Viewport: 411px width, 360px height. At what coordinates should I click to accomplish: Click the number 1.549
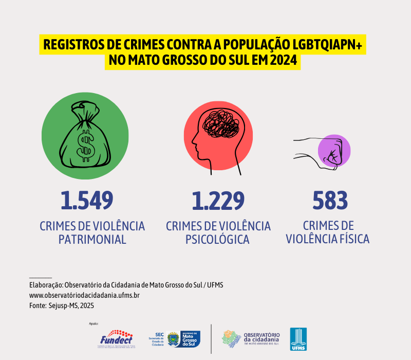(86, 200)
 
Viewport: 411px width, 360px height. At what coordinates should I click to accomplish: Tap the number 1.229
(218, 200)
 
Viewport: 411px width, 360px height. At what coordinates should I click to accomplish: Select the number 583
(330, 200)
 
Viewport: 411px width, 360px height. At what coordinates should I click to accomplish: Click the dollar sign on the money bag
(84, 143)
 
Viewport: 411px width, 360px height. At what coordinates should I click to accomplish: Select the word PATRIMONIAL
(92, 239)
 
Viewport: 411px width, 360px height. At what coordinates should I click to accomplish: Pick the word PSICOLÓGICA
(218, 239)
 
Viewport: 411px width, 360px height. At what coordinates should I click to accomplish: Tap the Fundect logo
(116, 338)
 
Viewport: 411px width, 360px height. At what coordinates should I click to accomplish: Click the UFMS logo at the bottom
(298, 339)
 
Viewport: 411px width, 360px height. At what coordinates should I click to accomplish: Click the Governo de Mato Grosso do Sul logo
(183, 339)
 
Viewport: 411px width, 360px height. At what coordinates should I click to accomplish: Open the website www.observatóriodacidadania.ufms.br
(85, 295)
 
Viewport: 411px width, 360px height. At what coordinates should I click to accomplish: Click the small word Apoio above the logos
(93, 324)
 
